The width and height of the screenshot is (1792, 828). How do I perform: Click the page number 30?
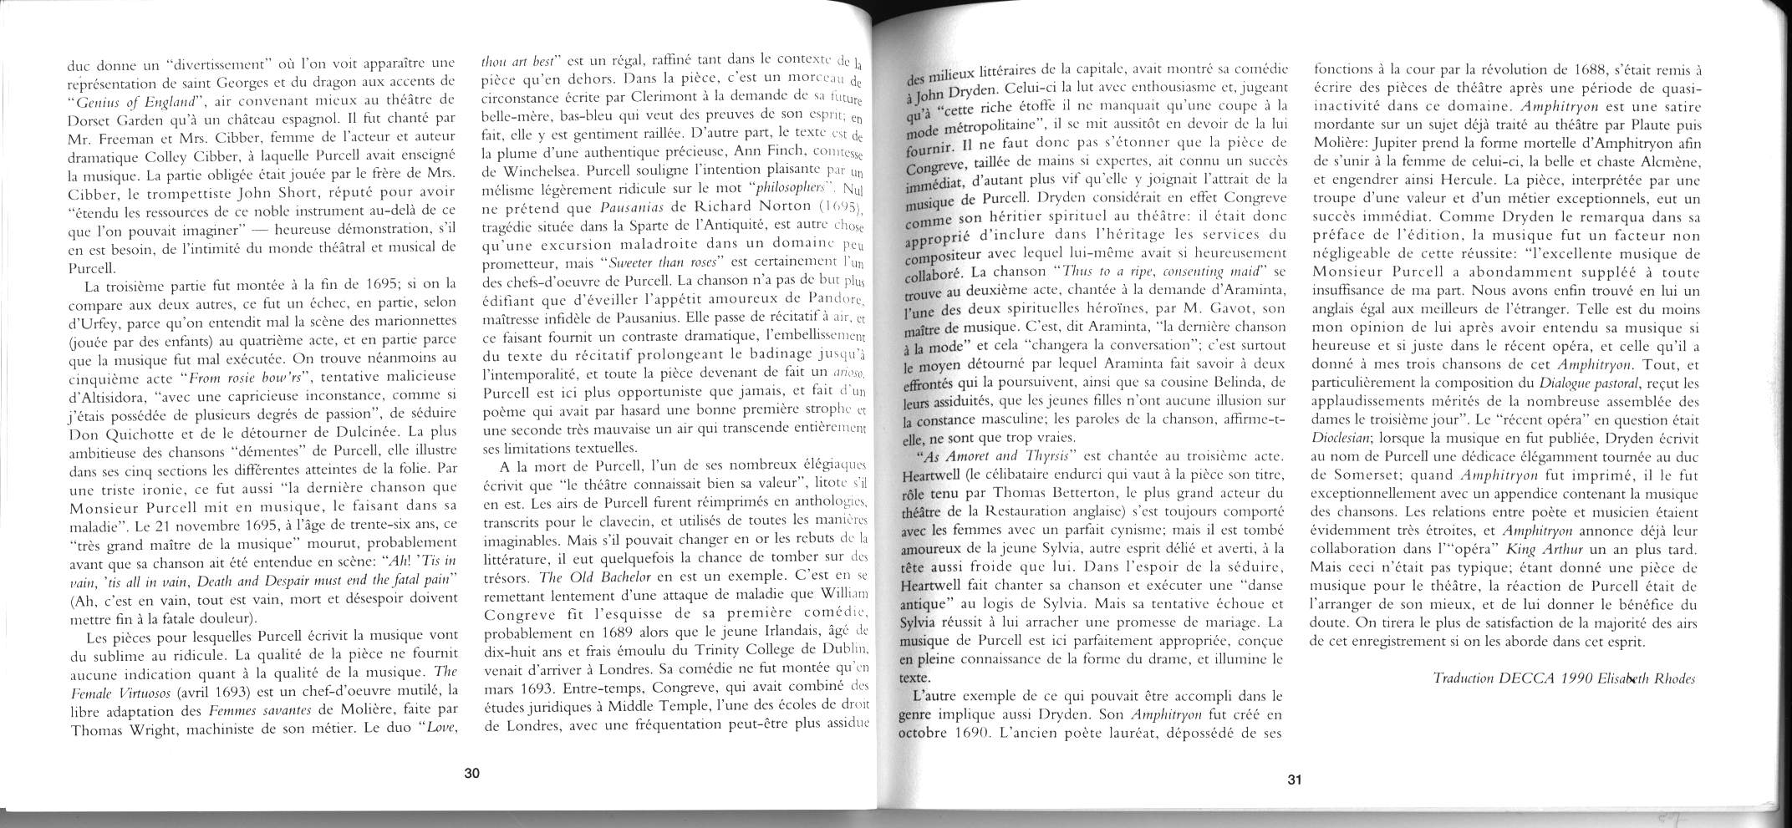[471, 773]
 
